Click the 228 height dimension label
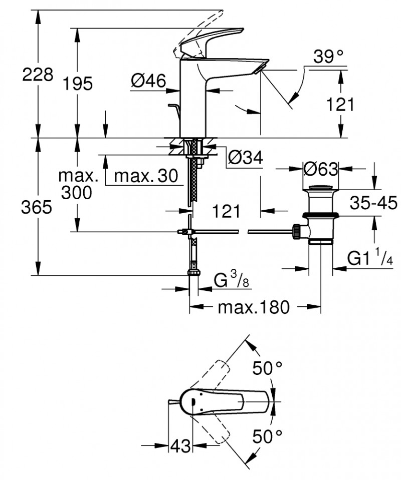point(37,75)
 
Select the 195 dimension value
point(78,84)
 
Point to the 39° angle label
point(330,57)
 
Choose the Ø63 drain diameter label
point(321,169)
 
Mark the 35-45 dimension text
point(373,203)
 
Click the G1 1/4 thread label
point(370,259)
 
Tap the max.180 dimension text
point(254,307)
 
